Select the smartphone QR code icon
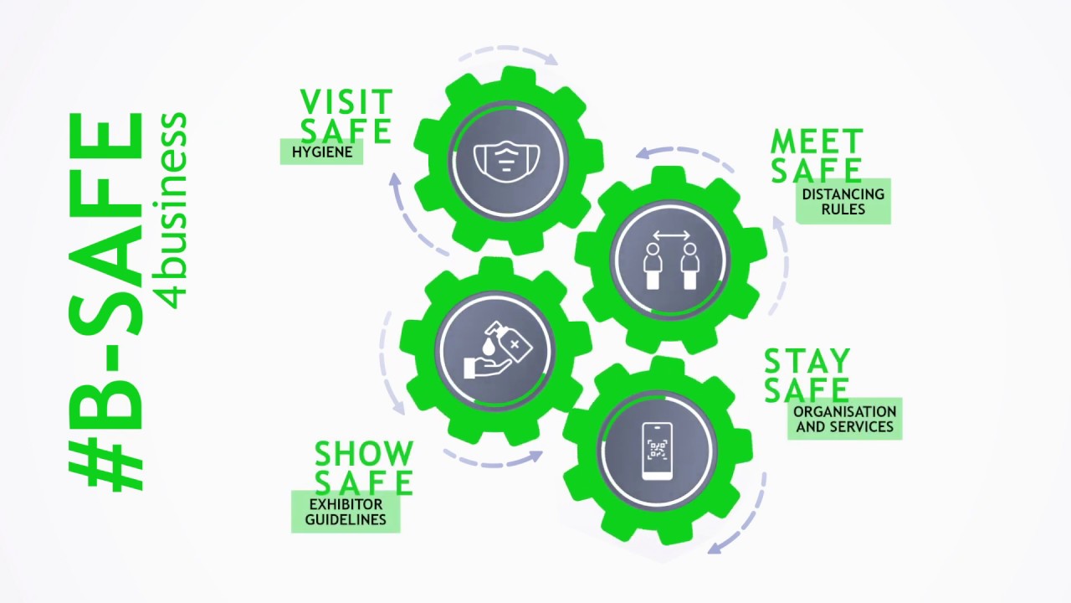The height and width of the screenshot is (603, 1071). [x=657, y=451]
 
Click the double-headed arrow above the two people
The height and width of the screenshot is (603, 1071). [x=671, y=235]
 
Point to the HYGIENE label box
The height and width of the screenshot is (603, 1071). [x=321, y=152]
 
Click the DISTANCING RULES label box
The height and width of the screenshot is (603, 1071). [x=843, y=201]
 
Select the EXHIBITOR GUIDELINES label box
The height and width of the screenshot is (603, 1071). [x=346, y=512]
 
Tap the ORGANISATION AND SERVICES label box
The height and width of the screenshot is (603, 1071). [x=844, y=419]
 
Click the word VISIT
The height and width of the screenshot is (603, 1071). [x=346, y=102]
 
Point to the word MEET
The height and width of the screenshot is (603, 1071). [x=817, y=142]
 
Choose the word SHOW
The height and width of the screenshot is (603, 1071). [x=364, y=455]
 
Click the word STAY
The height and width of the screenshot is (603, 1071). [x=807, y=362]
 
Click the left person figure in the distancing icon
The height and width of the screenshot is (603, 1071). [x=653, y=266]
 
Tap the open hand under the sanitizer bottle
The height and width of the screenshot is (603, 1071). [x=487, y=365]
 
